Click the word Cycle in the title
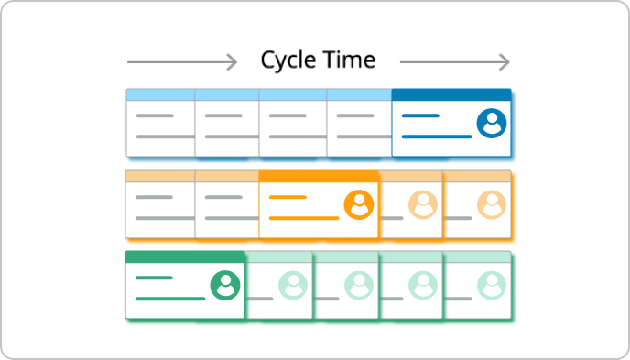click(x=288, y=60)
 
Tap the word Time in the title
click(x=348, y=60)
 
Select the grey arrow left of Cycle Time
click(x=181, y=62)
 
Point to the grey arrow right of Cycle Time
click(x=454, y=62)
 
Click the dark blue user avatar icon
click(x=492, y=123)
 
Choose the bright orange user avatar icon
click(x=359, y=204)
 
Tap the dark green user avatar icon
click(x=224, y=286)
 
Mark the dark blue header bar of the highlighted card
click(x=451, y=94)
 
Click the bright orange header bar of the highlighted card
click(x=319, y=176)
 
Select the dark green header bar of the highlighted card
click(x=185, y=257)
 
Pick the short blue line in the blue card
click(x=420, y=115)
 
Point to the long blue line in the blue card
click(x=437, y=136)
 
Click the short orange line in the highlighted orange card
click(x=288, y=197)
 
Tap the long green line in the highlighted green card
click(x=170, y=299)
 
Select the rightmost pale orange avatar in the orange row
click(x=492, y=204)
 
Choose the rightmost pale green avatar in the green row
click(x=492, y=286)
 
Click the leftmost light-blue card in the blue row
click(x=159, y=124)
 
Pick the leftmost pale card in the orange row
click(x=159, y=205)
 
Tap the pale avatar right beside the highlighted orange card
click(x=423, y=204)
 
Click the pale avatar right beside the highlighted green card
click(x=292, y=286)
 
